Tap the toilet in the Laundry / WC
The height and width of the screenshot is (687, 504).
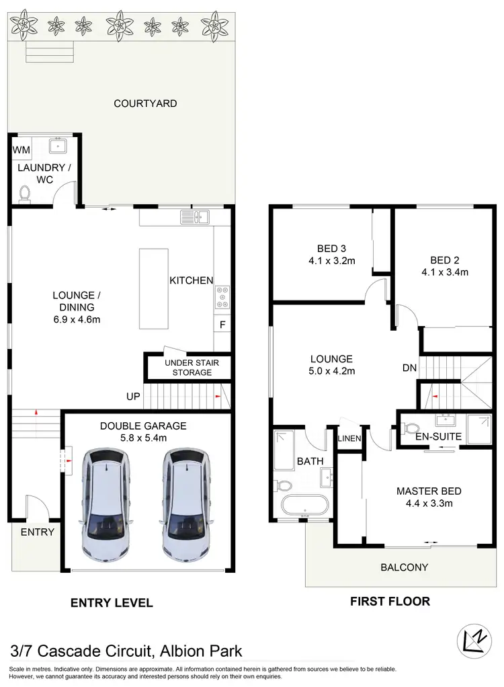point(26,193)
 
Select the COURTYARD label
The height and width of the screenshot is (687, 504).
point(145,104)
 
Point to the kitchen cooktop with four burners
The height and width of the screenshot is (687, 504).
point(221,296)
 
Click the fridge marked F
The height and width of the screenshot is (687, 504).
point(221,325)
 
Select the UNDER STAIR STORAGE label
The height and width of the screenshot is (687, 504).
point(187,368)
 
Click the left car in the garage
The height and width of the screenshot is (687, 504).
point(104,501)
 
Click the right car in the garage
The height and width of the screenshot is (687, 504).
point(183,501)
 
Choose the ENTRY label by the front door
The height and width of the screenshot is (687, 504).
point(37,532)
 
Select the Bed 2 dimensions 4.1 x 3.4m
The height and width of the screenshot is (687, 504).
point(444,272)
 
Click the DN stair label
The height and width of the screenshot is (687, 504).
point(410,368)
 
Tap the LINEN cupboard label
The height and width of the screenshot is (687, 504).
point(350,439)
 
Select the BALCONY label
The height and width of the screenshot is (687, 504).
point(404,567)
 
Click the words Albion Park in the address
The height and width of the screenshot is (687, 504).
point(200,651)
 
